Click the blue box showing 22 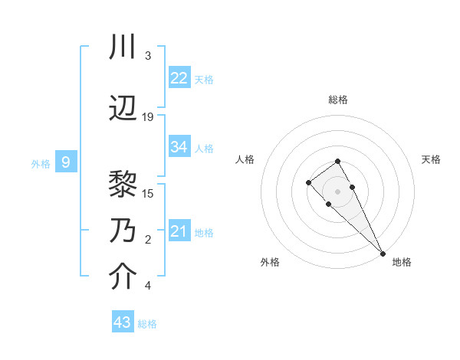click(x=179, y=78)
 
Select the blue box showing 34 click(x=179, y=147)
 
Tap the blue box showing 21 click(x=179, y=231)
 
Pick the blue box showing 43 click(x=123, y=322)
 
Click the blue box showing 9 click(x=66, y=162)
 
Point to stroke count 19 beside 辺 click(x=148, y=116)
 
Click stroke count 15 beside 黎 click(x=148, y=192)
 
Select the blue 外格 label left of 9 click(x=41, y=163)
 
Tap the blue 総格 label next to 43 click(x=147, y=324)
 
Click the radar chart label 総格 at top click(x=337, y=100)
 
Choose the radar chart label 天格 click(x=431, y=159)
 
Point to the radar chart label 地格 click(x=402, y=262)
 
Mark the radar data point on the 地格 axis click(x=383, y=253)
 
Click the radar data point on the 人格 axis click(x=308, y=182)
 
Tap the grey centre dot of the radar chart click(x=337, y=191)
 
